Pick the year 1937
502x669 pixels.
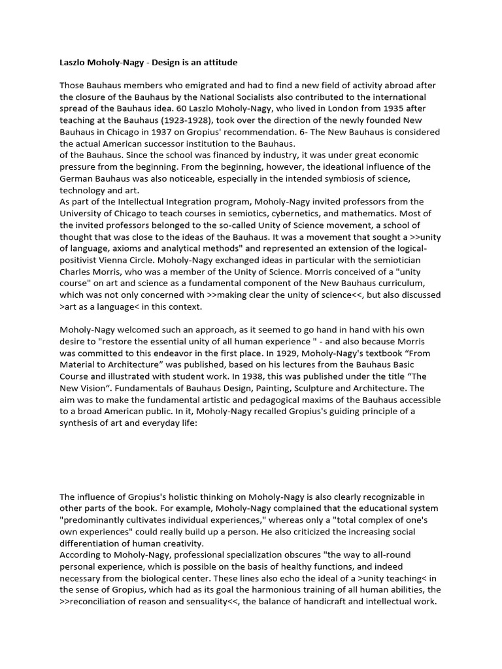169,133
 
